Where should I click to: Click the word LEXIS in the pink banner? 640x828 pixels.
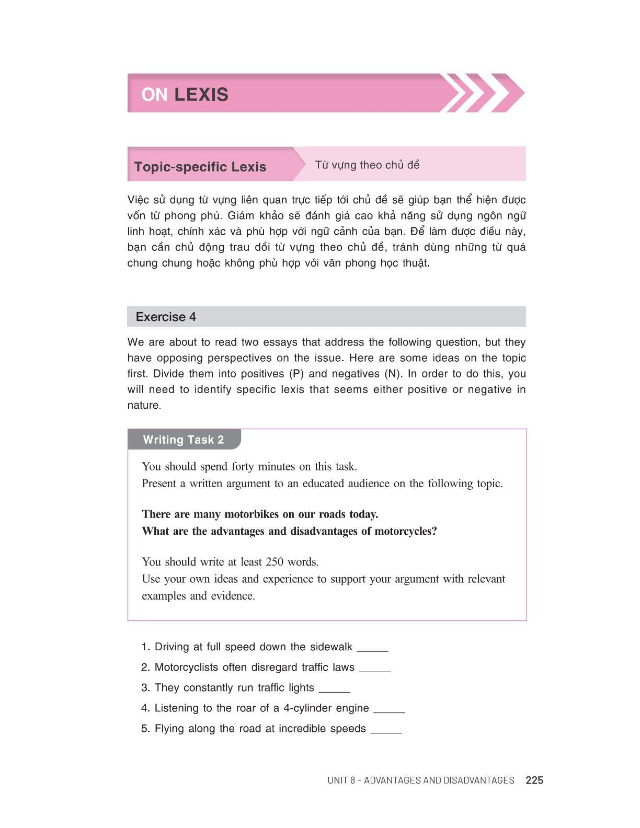click(x=201, y=95)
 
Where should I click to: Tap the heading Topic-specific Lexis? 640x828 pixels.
click(x=200, y=167)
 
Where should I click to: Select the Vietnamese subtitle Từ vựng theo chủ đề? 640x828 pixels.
click(x=367, y=165)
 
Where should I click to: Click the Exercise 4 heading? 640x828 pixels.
click(x=166, y=317)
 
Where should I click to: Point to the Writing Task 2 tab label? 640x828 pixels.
click(x=183, y=440)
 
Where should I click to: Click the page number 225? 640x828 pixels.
click(x=534, y=780)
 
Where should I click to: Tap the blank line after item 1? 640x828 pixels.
click(x=372, y=649)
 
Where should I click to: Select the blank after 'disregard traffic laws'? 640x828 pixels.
click(x=375, y=669)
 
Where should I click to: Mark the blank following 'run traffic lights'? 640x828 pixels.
click(x=334, y=689)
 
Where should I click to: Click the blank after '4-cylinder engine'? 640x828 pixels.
click(x=390, y=710)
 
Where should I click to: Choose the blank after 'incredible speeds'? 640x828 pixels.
click(x=386, y=730)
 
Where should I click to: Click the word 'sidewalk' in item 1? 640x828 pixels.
click(x=331, y=647)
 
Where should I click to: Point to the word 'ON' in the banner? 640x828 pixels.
click(x=154, y=95)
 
